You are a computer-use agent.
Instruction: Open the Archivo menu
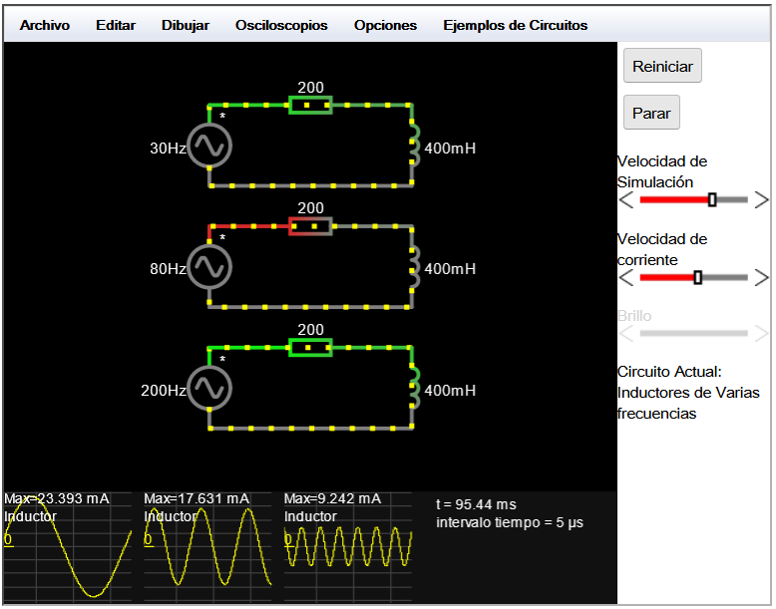pyautogui.click(x=45, y=25)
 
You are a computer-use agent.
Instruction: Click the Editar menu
pyautogui.click(x=116, y=25)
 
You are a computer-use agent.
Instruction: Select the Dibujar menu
pyautogui.click(x=186, y=25)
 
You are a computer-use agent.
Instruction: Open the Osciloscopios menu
pyautogui.click(x=281, y=25)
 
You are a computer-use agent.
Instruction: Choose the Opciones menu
pyautogui.click(x=385, y=25)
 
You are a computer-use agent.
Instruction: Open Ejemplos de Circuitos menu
pyautogui.click(x=516, y=25)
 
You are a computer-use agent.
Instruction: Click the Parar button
pyautogui.click(x=651, y=113)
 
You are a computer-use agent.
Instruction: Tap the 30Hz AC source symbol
pyautogui.click(x=209, y=146)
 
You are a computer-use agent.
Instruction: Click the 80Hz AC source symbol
pyautogui.click(x=209, y=267)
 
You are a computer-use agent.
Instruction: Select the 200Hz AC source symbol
pyautogui.click(x=209, y=388)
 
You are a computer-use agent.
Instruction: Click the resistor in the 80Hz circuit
pyautogui.click(x=310, y=226)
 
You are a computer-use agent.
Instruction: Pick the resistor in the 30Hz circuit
pyautogui.click(x=310, y=105)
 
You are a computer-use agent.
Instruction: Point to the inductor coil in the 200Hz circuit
pyautogui.click(x=415, y=388)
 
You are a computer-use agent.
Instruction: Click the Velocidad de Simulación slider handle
pyautogui.click(x=712, y=199)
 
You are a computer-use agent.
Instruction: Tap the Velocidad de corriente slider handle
pyautogui.click(x=698, y=277)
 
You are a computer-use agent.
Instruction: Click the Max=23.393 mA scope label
pyautogui.click(x=57, y=498)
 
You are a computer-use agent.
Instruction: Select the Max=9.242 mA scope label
pyautogui.click(x=332, y=498)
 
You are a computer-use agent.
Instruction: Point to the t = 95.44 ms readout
pyautogui.click(x=476, y=504)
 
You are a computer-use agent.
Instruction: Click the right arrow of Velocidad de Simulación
pyautogui.click(x=761, y=200)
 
